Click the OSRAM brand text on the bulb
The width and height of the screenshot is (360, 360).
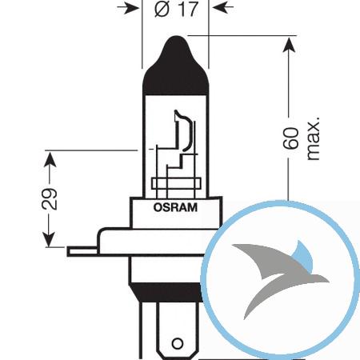[175, 207]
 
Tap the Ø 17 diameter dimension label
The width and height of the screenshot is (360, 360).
[176, 9]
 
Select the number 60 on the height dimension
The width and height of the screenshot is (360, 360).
[290, 138]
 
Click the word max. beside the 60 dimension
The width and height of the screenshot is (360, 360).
[313, 138]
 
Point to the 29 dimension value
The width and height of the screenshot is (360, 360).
[50, 199]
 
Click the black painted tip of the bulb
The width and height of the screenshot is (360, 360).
[175, 66]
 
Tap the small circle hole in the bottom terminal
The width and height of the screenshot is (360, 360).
[177, 343]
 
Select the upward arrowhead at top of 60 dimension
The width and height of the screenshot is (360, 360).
[289, 45]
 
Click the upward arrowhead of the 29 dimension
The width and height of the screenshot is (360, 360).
[50, 160]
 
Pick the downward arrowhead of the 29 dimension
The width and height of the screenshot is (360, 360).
[49, 239]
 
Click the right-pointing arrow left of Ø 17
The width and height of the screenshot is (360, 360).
[129, 9]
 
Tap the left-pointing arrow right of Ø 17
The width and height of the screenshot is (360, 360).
[223, 8]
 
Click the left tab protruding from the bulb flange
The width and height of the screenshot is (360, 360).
[82, 251]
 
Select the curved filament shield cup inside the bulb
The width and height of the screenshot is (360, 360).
[184, 130]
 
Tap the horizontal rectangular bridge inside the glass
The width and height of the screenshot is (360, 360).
[176, 183]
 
